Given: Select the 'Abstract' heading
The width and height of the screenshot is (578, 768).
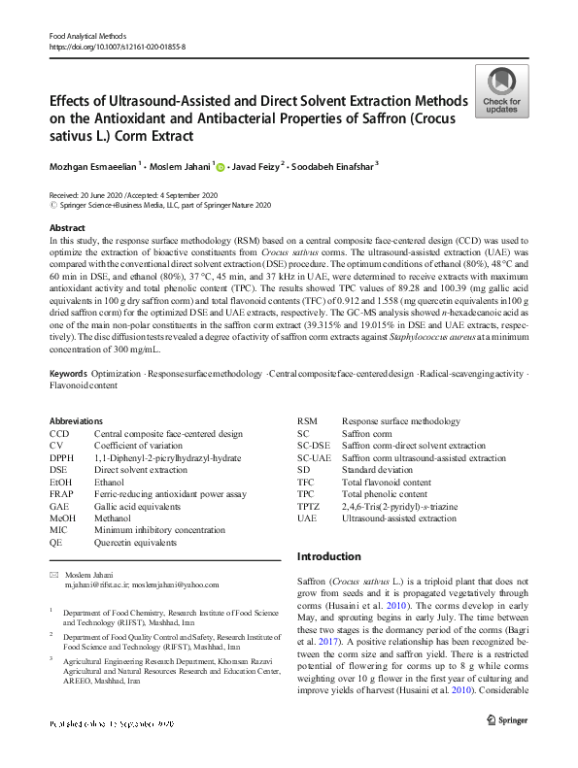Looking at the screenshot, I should coord(68,227).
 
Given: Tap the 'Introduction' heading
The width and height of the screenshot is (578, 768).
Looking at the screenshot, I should coord(328,556).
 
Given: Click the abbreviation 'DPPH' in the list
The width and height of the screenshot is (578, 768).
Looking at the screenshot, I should coord(60,457).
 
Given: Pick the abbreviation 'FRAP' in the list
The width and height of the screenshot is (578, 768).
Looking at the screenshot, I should coord(60,492).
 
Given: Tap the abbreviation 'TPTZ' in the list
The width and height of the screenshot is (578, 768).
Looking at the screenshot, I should coord(307,506).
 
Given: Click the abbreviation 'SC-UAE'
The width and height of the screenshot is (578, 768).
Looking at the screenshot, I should coord(315,457).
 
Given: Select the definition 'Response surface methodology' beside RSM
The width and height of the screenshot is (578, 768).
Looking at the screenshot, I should coord(401,421).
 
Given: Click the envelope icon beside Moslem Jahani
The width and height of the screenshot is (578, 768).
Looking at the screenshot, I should coord(53,576).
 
